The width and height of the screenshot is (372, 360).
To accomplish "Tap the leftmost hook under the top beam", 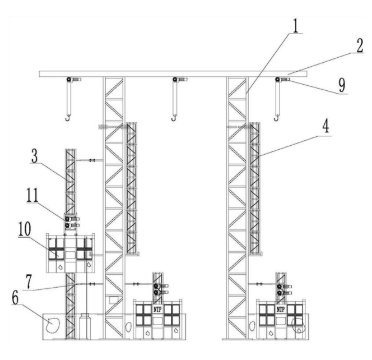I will [68, 117].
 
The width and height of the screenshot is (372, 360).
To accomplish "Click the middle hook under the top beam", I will [175, 117].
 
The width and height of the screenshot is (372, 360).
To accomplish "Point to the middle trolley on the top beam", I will [178, 80].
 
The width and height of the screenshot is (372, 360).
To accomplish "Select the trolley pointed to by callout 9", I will [280, 80].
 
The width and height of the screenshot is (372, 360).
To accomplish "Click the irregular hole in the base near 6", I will [55, 324].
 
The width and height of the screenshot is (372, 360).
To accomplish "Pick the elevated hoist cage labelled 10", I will [71, 253].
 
